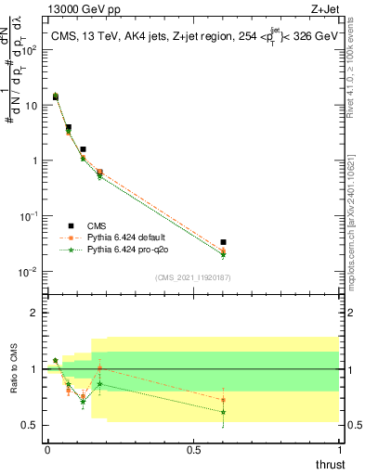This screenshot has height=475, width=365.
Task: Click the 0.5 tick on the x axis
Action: click(194, 448)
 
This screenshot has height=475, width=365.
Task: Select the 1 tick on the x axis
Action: click(340, 448)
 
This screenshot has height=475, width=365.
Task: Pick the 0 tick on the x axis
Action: click(47, 448)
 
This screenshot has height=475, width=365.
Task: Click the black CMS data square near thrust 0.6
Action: click(223, 242)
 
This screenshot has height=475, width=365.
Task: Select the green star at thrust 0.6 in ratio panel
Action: click(223, 412)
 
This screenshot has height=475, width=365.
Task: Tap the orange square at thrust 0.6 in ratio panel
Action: click(223, 400)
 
